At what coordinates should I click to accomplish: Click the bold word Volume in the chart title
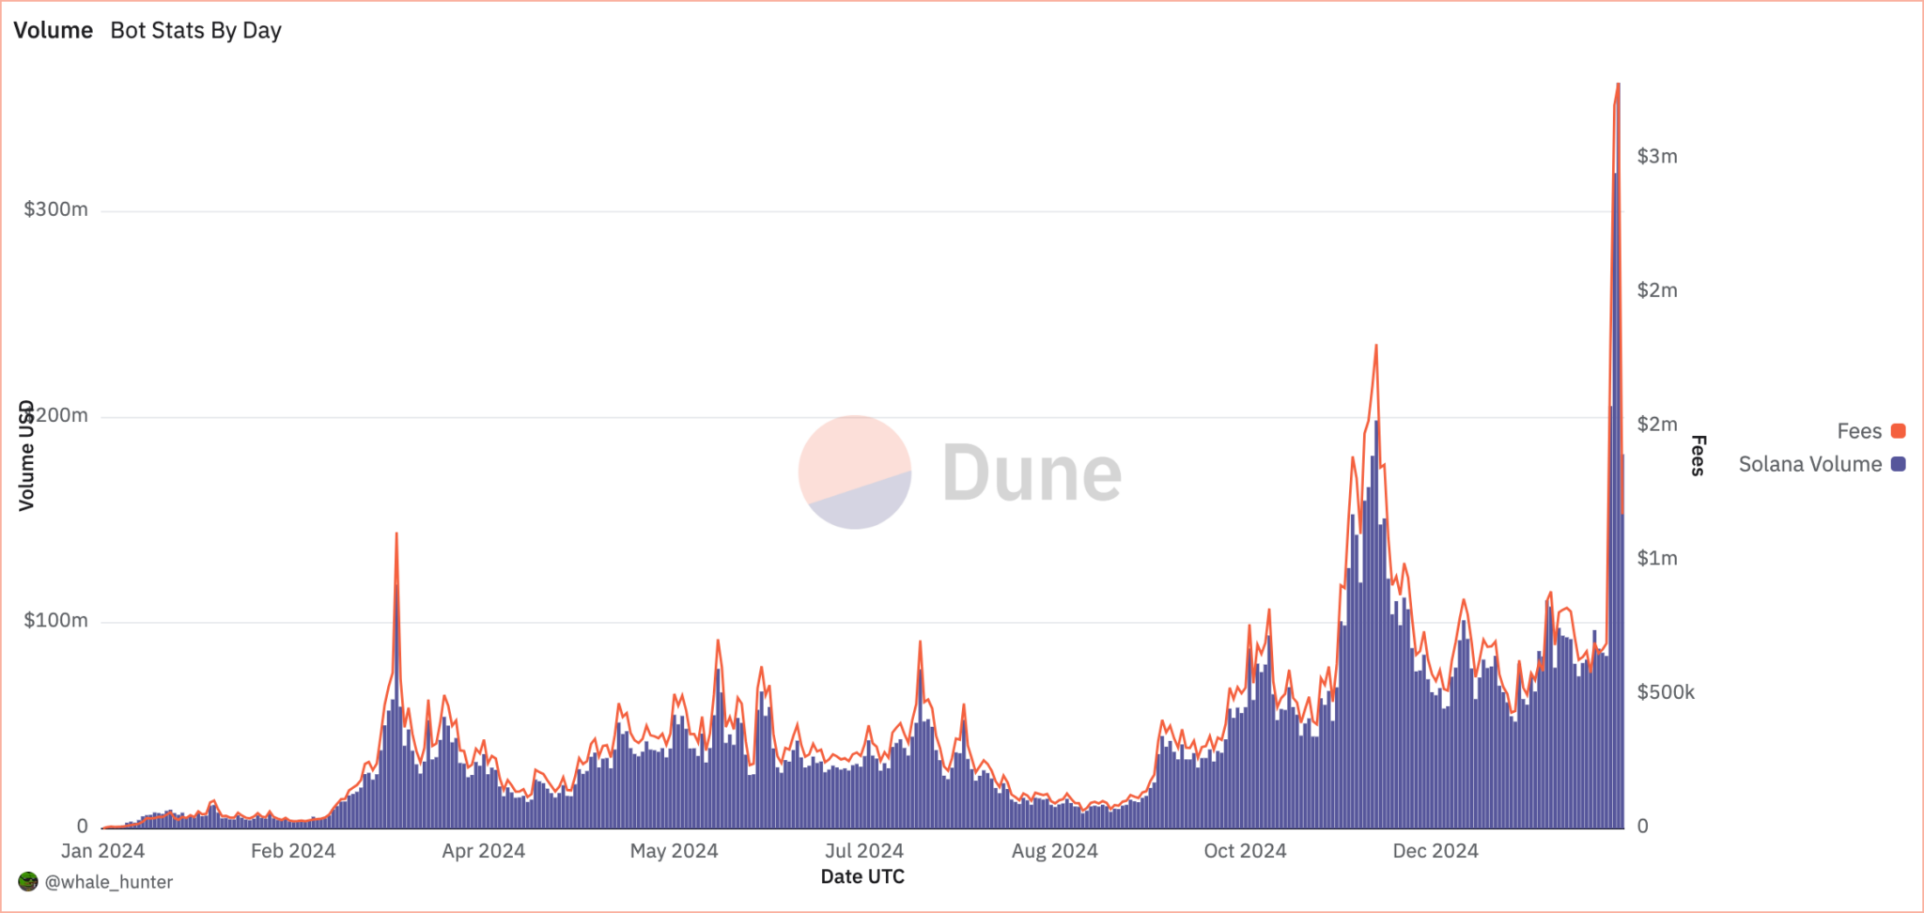[53, 30]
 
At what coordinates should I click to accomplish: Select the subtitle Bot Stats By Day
[195, 30]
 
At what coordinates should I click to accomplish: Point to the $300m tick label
[55, 209]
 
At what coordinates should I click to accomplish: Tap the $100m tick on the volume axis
[55, 621]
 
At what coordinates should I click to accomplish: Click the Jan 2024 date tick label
[102, 851]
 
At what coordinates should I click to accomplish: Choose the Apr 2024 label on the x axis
[483, 851]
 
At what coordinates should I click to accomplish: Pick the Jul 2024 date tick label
[863, 851]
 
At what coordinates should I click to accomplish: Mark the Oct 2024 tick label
[1245, 851]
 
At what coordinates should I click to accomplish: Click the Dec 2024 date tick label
[1435, 851]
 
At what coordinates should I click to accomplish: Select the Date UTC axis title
[862, 877]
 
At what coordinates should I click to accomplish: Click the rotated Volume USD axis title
[26, 456]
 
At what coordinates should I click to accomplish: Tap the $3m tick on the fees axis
[1656, 157]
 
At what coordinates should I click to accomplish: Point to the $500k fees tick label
[1665, 693]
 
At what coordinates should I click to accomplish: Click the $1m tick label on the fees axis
[1656, 559]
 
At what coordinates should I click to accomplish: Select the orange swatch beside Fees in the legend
[1898, 431]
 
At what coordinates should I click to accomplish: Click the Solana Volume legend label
[1809, 464]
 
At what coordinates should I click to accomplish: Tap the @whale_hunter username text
[109, 882]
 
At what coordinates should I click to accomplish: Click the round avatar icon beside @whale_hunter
[28, 882]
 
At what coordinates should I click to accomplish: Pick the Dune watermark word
[1032, 472]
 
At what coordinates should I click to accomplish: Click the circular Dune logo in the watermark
[854, 472]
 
